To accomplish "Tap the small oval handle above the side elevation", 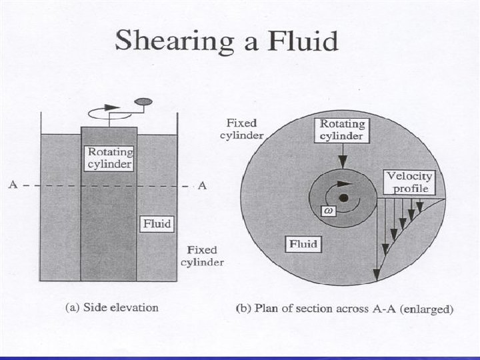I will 143,102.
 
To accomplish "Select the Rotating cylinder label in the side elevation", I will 109,158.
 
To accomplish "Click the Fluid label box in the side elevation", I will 157,224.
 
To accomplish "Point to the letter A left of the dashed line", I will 13,185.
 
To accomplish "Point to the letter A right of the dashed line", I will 203,185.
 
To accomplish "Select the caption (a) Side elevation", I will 112,308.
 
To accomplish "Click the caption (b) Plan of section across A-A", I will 345,309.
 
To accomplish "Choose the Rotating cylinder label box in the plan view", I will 342,131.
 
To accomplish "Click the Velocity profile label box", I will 410,182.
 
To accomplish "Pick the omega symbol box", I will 328,211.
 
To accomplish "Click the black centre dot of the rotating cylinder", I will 343,198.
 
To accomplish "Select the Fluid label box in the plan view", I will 302,244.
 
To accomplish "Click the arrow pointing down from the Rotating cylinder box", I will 343,156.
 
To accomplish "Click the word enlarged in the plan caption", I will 431,309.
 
